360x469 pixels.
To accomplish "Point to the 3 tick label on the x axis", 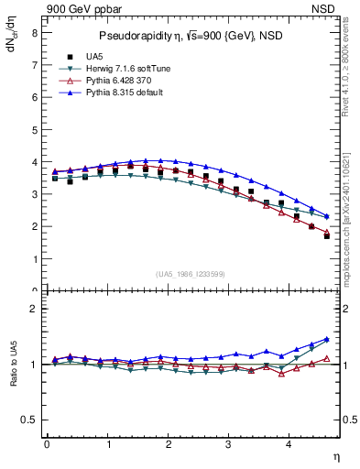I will (x=228, y=444).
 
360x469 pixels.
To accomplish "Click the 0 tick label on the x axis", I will (x=47, y=444).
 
